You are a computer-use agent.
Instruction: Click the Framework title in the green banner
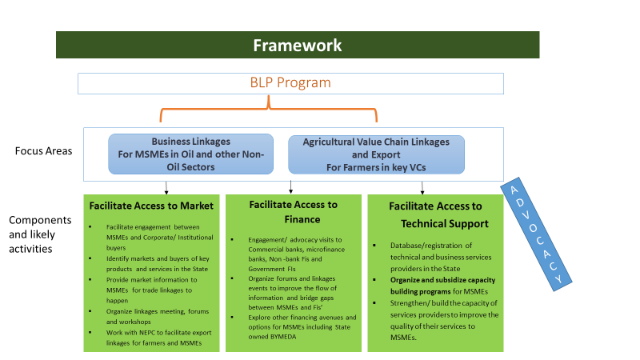297,46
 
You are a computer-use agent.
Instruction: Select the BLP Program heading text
290,82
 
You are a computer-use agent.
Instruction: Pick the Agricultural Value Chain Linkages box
376,154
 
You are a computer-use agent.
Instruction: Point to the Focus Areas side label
44,151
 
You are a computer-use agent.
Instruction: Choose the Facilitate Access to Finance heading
293,212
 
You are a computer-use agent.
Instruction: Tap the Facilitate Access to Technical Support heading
435,214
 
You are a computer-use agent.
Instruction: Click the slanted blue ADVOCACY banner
538,231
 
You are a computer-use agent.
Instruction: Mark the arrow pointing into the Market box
166,186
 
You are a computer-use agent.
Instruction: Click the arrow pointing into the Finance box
290,186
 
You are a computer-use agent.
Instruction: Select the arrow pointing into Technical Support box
422,186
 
